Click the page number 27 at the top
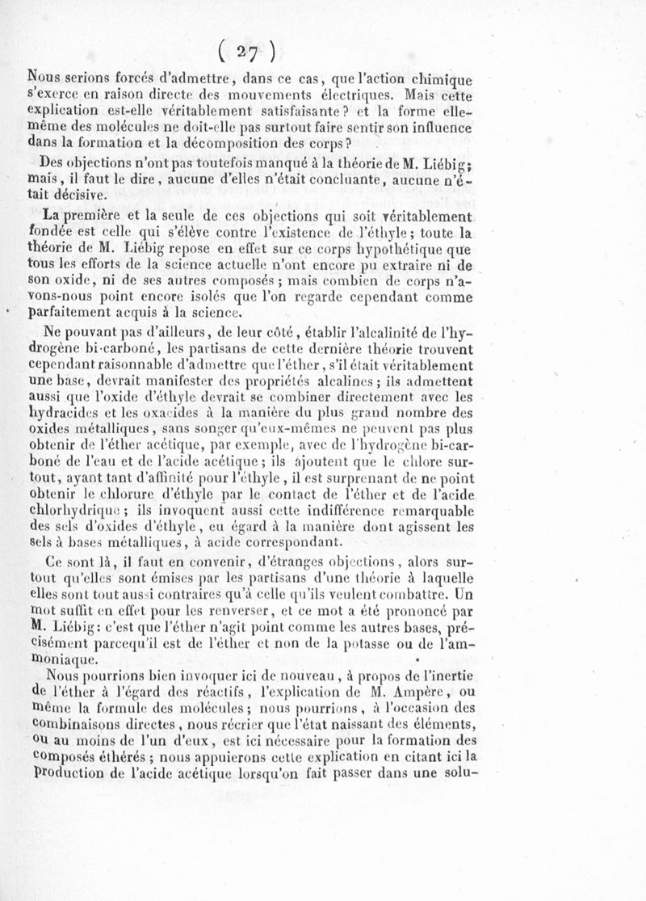tap(252, 51)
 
